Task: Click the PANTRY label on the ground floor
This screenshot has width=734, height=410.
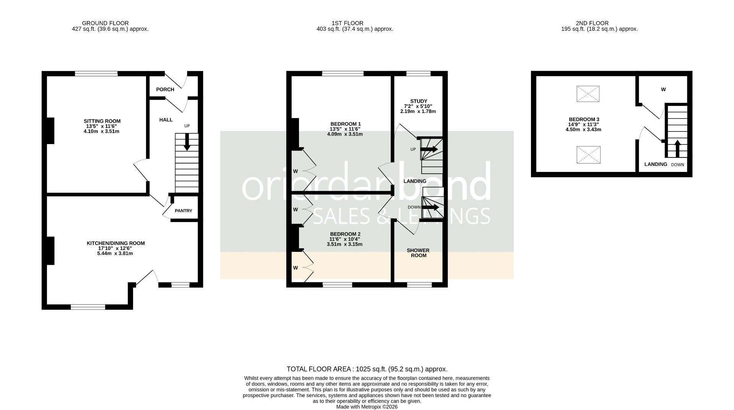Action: tap(183, 211)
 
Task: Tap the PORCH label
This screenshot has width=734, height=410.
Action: tap(165, 89)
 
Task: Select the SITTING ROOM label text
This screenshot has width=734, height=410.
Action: tap(102, 121)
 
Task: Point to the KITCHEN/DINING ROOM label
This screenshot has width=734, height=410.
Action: tap(115, 243)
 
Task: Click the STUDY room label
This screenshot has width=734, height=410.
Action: tap(418, 101)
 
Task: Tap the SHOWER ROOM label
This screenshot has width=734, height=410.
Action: tap(418, 253)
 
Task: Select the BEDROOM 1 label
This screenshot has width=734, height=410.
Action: tap(346, 124)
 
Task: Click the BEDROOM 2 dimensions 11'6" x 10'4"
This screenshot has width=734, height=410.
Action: tap(345, 239)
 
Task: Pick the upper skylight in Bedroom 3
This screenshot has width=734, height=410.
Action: tap(588, 94)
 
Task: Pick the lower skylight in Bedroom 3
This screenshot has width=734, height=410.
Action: tap(588, 155)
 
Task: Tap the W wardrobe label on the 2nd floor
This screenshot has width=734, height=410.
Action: tap(663, 89)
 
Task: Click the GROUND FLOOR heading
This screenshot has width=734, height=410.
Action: tap(105, 23)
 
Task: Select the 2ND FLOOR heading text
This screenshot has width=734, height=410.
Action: tap(592, 23)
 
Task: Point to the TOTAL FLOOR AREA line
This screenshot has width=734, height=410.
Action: tap(367, 369)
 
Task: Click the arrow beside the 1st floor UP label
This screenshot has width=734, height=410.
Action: tap(429, 149)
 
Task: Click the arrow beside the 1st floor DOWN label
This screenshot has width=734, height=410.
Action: tap(430, 207)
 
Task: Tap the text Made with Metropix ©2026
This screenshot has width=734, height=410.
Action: tap(367, 407)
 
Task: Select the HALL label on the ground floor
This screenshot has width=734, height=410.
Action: tap(166, 120)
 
